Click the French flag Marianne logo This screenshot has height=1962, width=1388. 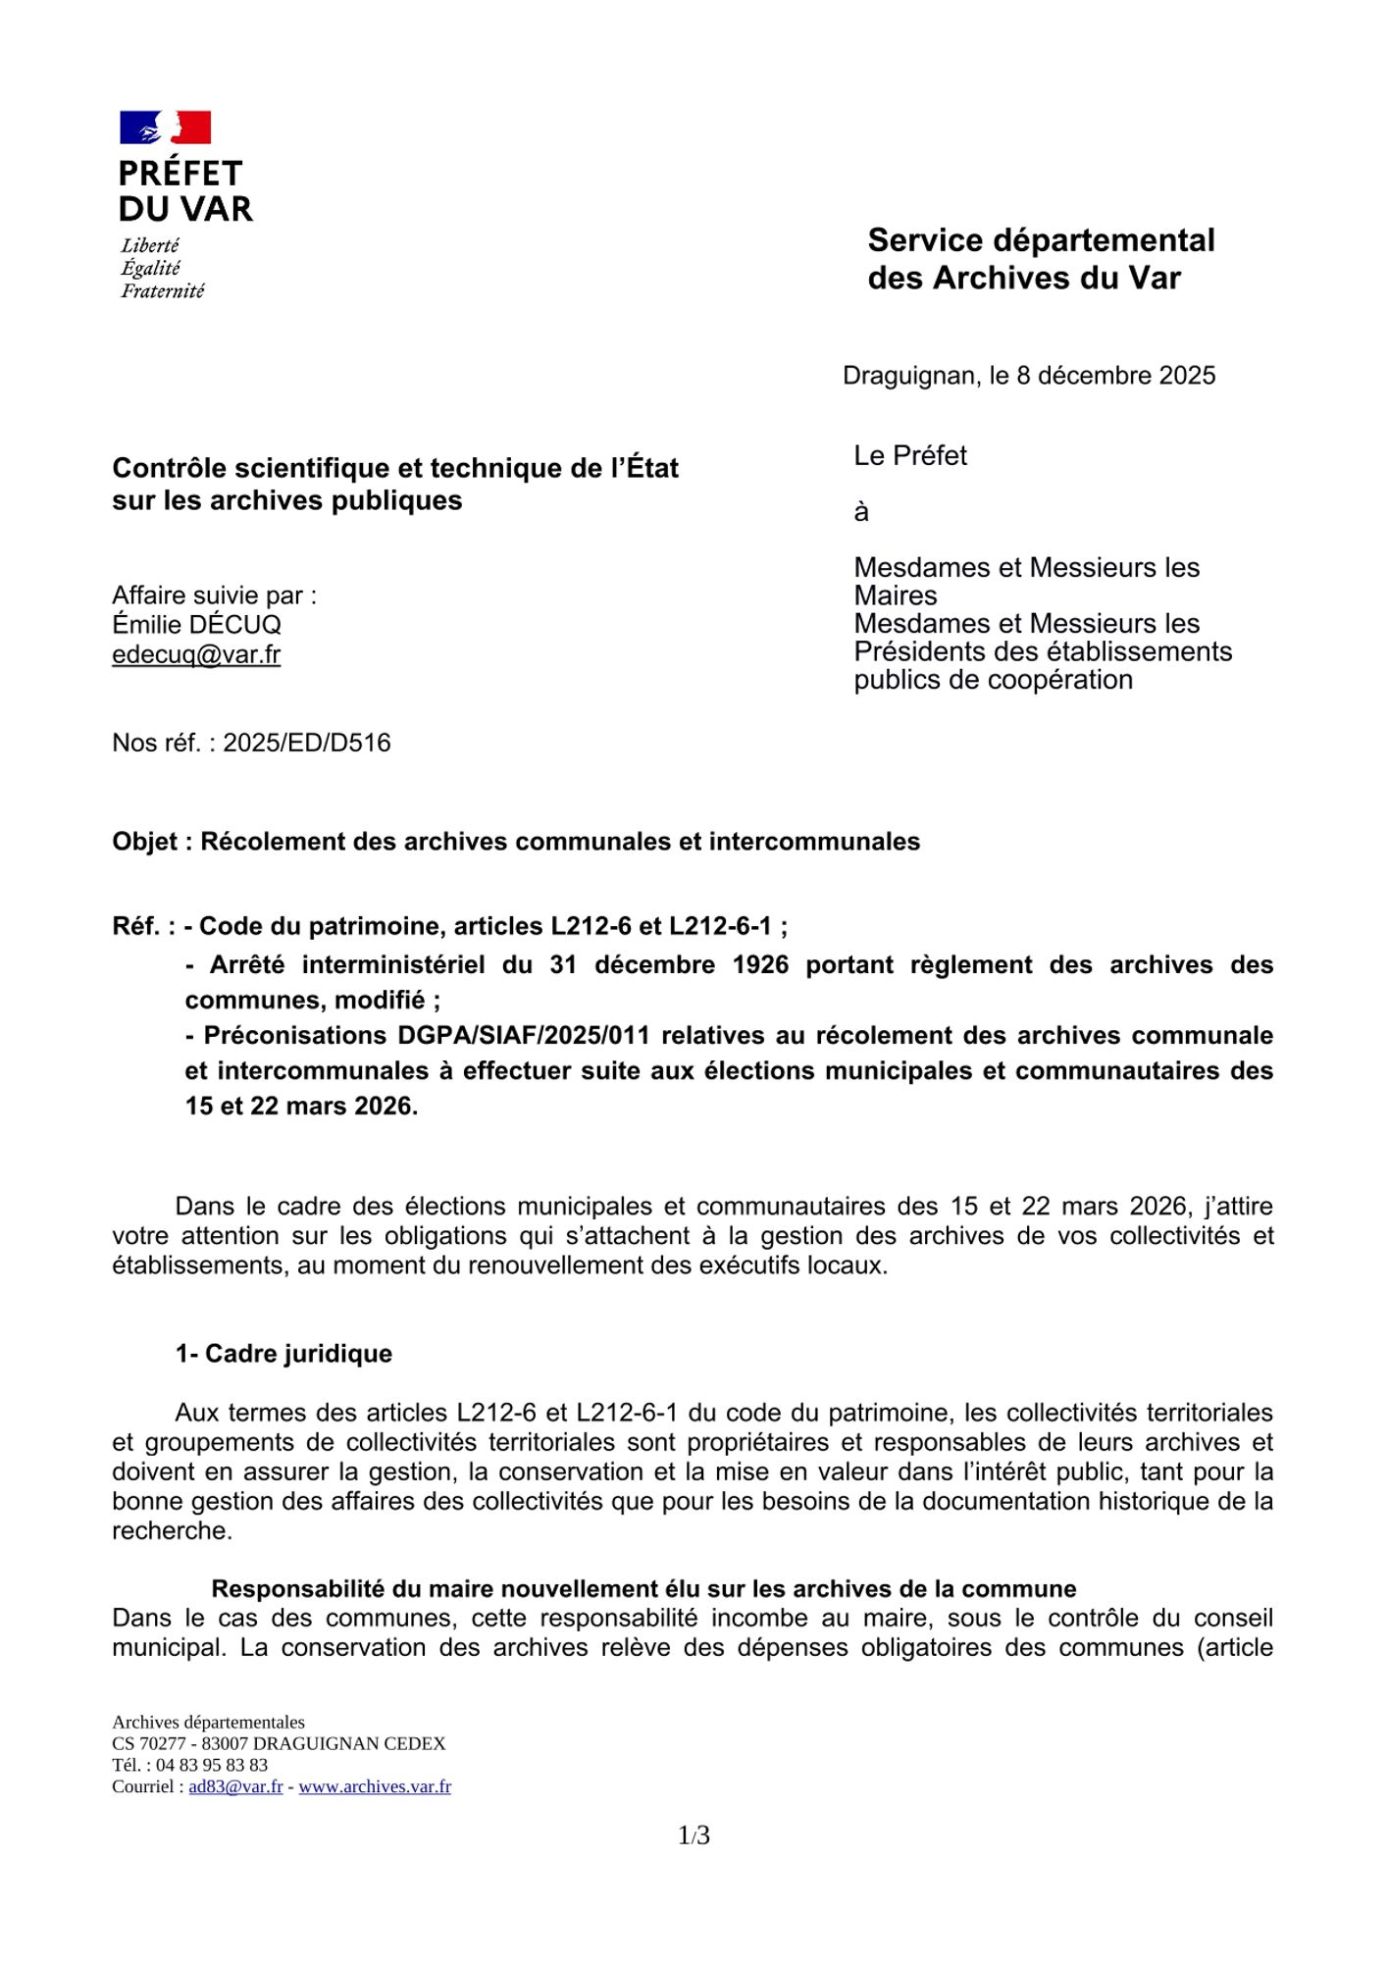[165, 128]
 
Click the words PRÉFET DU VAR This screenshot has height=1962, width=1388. [184, 191]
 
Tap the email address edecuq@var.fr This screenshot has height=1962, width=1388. [196, 654]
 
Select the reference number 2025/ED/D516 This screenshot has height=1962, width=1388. [306, 743]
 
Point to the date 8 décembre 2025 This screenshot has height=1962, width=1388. [1115, 376]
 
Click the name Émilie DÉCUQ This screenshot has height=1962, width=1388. [196, 625]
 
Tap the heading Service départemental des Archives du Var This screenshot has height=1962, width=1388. [1040, 259]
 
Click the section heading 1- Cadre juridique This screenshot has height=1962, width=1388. [283, 1354]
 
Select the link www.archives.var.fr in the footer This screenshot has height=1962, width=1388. [375, 1786]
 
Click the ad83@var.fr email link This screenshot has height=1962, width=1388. [235, 1786]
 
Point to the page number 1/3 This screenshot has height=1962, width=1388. [694, 1834]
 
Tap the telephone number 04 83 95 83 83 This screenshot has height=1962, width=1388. [212, 1765]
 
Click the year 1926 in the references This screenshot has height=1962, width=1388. [760, 965]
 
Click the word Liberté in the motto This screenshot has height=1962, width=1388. [150, 245]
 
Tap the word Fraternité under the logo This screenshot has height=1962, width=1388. [163, 290]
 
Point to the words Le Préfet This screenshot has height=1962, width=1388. [910, 455]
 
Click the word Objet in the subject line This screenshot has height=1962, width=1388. [144, 842]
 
